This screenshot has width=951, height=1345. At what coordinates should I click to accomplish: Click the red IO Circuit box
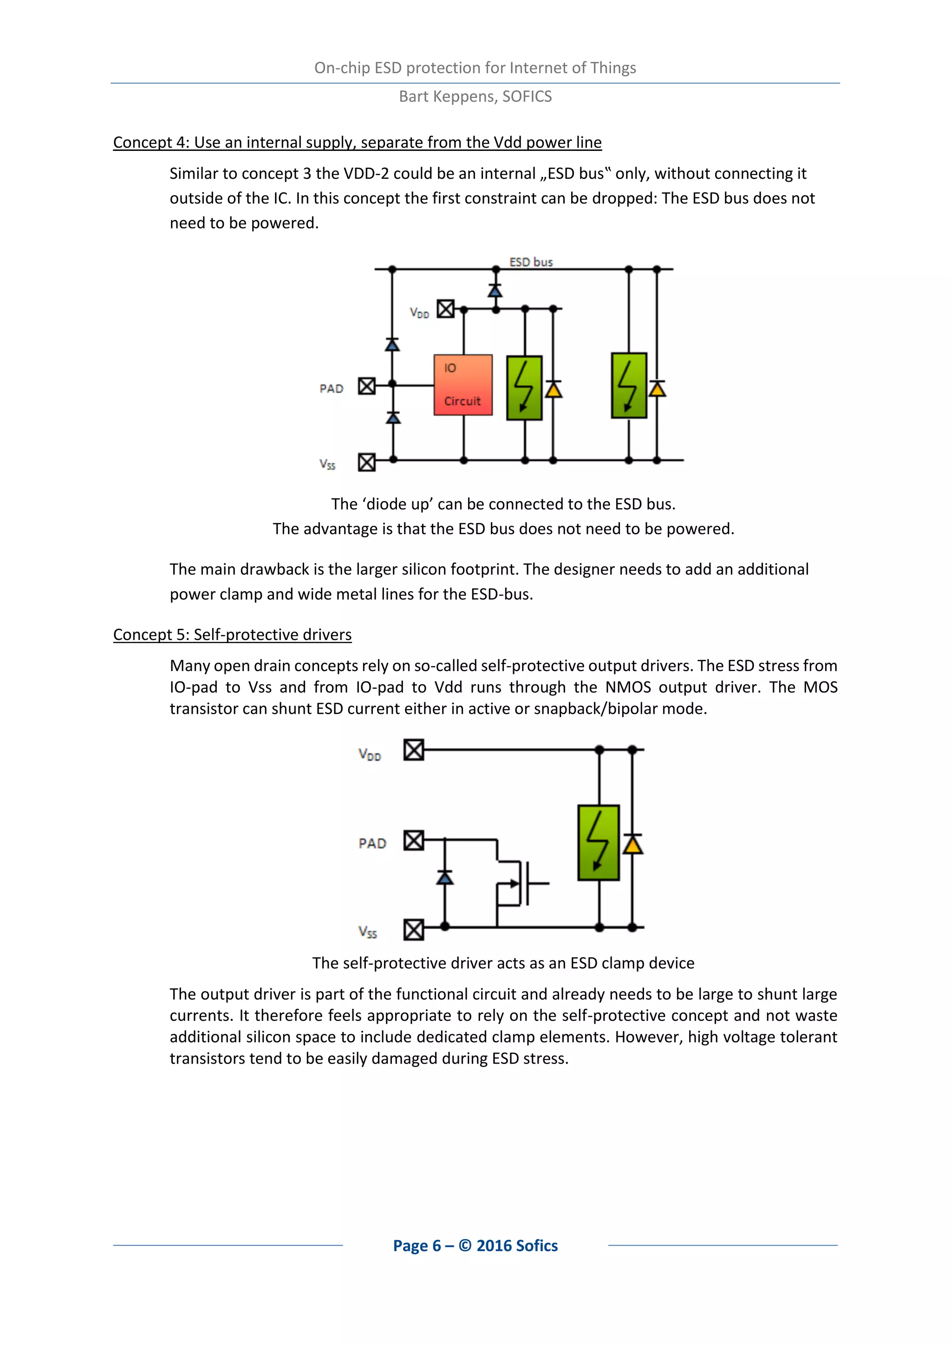pos(462,385)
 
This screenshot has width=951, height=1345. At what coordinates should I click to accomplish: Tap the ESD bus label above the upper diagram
pos(531,262)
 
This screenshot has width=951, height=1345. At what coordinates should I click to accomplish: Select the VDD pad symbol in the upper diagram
pos(446,309)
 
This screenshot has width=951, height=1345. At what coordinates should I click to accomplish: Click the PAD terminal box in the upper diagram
pos(366,386)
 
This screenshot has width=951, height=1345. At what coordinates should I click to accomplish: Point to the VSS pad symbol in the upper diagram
pos(366,462)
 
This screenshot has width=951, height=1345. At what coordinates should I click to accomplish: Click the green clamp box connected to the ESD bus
pos(629,385)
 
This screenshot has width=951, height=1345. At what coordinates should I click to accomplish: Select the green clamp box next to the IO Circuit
pos(524,388)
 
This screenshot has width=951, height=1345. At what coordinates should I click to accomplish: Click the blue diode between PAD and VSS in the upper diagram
pos(393,418)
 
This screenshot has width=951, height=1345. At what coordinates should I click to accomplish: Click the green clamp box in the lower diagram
pos(598,842)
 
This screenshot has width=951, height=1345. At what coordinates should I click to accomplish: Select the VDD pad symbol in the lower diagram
pos(413,750)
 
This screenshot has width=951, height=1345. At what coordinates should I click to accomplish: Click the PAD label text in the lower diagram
pos(372,843)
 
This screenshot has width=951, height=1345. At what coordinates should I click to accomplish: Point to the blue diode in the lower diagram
pos(444,877)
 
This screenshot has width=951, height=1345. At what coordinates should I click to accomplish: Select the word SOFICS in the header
pos(527,96)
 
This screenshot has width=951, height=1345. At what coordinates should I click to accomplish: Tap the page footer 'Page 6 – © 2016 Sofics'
pos(475,1246)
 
